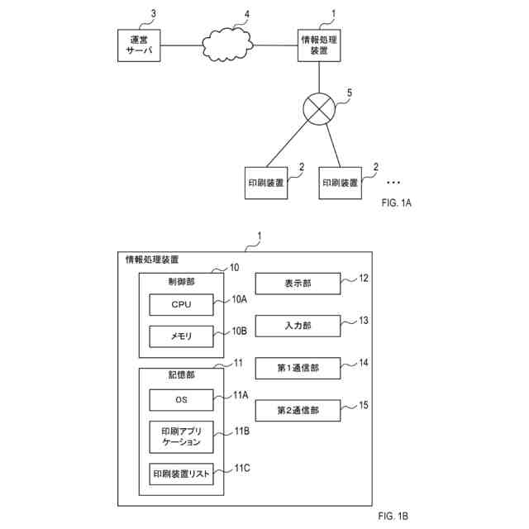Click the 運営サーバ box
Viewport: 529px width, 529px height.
pyautogui.click(x=137, y=45)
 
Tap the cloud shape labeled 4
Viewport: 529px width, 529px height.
pyautogui.click(x=229, y=45)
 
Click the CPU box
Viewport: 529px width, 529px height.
pyautogui.click(x=181, y=305)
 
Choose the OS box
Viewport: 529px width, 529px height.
pyautogui.click(x=181, y=400)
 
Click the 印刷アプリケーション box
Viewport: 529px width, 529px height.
pyautogui.click(x=181, y=437)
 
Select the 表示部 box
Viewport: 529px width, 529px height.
pyautogui.click(x=297, y=284)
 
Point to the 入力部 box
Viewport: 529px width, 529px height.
pyautogui.click(x=297, y=325)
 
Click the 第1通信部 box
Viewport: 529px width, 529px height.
pyautogui.click(x=297, y=367)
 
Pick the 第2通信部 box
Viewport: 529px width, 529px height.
pyautogui.click(x=297, y=409)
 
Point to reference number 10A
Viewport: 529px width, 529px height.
pyautogui.click(x=240, y=299)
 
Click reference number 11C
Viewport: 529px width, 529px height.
pyautogui.click(x=241, y=469)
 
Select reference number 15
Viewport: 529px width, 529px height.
pyautogui.click(x=365, y=404)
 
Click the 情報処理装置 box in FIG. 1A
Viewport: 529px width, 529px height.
pyautogui.click(x=318, y=45)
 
